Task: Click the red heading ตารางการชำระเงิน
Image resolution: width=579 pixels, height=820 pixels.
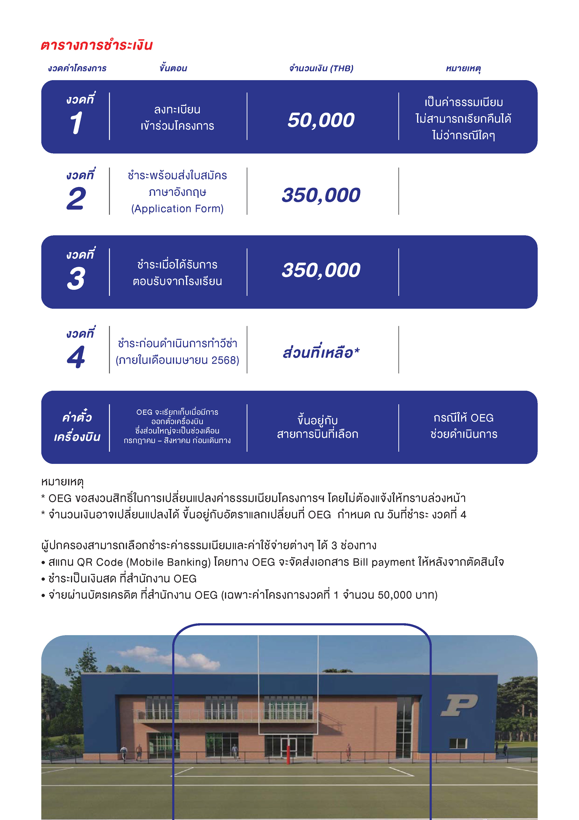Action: (x=97, y=45)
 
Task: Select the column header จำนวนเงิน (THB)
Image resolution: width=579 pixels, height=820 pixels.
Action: (x=321, y=68)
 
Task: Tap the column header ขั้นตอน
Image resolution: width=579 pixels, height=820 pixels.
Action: (x=173, y=68)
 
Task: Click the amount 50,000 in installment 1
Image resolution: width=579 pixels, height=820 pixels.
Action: (x=321, y=120)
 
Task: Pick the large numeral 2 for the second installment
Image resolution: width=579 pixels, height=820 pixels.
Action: (x=76, y=199)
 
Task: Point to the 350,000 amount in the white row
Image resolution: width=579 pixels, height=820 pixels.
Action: (x=321, y=195)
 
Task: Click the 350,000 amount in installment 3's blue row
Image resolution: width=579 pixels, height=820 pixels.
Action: (x=321, y=270)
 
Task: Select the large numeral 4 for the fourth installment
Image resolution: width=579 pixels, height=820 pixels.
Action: (x=76, y=357)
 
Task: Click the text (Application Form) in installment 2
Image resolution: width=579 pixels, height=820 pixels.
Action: (x=177, y=209)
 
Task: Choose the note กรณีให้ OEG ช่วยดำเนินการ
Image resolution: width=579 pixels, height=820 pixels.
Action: (x=463, y=426)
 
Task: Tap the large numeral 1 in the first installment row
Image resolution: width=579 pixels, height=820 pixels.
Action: (x=76, y=123)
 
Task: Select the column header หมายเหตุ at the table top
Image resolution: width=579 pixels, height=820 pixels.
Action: (x=463, y=68)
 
